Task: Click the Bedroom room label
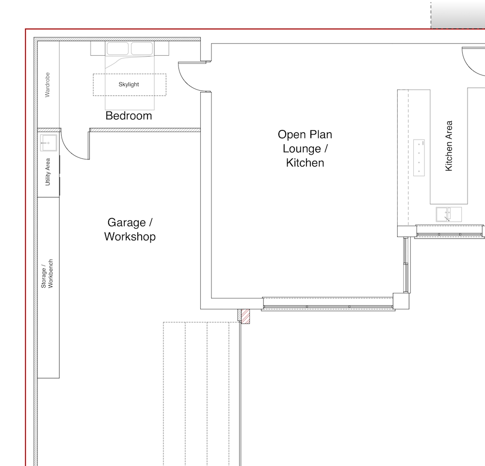[129, 116]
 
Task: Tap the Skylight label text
[129, 84]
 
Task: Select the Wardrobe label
[48, 85]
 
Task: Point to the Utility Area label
[48, 172]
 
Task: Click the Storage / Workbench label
[48, 274]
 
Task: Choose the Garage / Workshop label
[129, 230]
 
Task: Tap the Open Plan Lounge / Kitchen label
[305, 148]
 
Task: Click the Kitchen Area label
[449, 146]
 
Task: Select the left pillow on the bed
[117, 48]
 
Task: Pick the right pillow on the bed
[142, 48]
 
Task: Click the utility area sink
[48, 143]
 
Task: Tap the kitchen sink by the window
[449, 214]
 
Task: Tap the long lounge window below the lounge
[328, 304]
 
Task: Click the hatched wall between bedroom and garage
[145, 130]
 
